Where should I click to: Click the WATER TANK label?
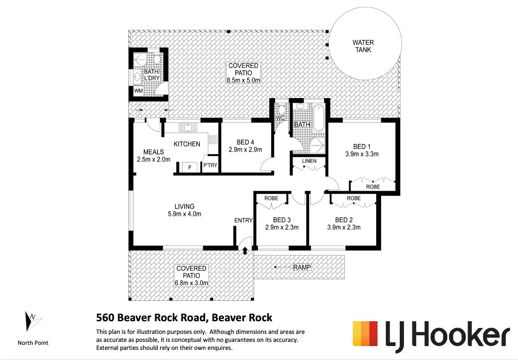pos(363,46)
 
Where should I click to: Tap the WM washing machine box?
pos(138,91)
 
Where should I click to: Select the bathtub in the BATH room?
pos(319,118)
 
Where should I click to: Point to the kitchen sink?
pos(188,128)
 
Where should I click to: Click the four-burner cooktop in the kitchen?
pos(213,139)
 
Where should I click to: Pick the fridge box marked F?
pos(190,167)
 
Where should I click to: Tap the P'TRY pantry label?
pos(210,165)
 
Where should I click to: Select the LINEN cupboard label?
pos(309,161)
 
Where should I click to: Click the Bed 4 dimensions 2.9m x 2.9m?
pos(245,150)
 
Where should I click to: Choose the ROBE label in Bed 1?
pos(373,187)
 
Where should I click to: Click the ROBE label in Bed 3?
pos(271,198)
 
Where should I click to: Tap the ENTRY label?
pos(243,220)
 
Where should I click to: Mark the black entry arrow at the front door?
pos(245,251)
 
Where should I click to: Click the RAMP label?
pos(302,267)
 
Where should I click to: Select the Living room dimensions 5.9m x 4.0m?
pos(185,214)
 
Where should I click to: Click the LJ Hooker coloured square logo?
pos(365,333)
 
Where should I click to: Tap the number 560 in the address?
pos(105,317)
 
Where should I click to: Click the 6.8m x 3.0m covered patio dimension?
pos(191,283)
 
